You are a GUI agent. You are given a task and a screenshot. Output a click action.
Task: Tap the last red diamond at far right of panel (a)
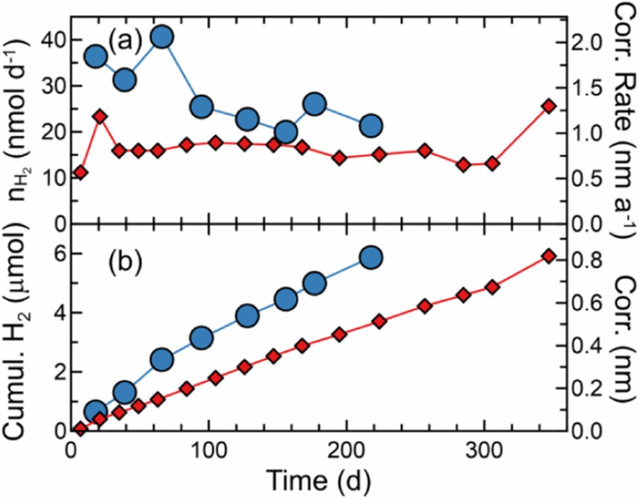pos(549,106)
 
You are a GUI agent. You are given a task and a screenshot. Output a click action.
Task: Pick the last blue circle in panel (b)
pos(370,257)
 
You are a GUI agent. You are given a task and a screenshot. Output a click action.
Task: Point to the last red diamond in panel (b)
pos(549,256)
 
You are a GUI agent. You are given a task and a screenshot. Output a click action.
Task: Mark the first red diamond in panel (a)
pos(80,173)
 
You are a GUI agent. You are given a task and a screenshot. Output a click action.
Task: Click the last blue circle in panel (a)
pos(370,126)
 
